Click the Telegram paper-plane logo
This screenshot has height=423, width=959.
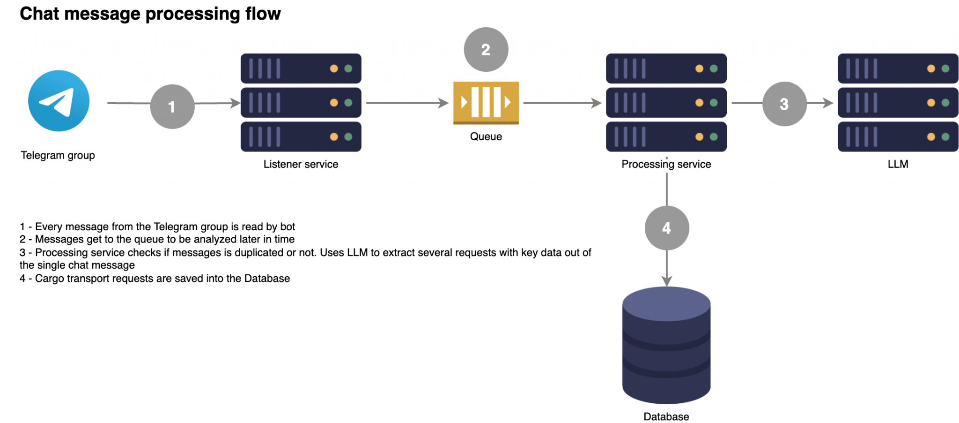[59, 101]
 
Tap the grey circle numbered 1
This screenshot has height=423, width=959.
[172, 106]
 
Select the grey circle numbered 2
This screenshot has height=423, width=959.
[486, 50]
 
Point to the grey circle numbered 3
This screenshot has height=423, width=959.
[784, 104]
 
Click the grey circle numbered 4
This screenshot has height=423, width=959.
[667, 228]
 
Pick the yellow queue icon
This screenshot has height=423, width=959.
[486, 103]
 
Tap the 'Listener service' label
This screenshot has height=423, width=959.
[301, 164]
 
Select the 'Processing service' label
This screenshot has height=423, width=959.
[666, 164]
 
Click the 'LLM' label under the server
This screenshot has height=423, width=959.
[898, 164]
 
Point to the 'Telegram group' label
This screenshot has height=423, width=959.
[58, 155]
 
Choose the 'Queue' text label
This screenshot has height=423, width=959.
[486, 136]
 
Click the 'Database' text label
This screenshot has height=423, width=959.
[666, 416]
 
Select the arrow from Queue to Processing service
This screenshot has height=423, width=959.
[562, 103]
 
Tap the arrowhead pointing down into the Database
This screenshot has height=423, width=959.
[667, 281]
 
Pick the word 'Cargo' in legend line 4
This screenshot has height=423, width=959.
[50, 279]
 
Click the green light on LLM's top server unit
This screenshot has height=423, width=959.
[945, 68]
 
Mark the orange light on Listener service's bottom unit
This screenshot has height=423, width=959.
[334, 137]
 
